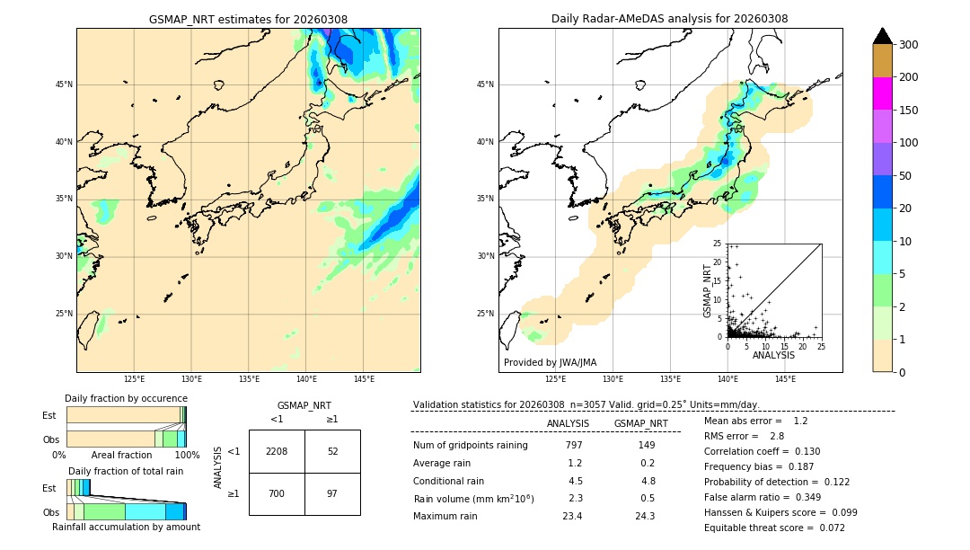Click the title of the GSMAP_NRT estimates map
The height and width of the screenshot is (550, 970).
248,19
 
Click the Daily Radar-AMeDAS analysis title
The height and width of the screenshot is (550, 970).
670,19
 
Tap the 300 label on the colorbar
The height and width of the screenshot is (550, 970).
908,45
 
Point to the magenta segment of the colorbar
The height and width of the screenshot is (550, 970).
883,93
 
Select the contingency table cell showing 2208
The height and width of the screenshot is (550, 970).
277,451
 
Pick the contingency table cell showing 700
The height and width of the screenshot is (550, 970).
277,494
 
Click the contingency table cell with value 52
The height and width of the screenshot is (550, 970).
332,451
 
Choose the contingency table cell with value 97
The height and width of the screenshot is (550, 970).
332,494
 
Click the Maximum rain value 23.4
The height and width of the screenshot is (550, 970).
572,516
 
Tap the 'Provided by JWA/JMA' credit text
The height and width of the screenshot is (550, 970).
550,362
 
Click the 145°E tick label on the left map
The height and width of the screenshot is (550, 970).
364,379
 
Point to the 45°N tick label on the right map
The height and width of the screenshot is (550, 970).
485,85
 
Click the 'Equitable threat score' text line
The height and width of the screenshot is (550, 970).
774,528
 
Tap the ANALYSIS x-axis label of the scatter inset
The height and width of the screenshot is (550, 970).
773,355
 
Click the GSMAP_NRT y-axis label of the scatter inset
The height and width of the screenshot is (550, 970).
708,290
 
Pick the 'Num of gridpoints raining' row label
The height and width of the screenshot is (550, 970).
471,446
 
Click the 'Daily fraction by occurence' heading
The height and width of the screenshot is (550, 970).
126,398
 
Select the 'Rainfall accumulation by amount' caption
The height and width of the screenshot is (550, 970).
126,527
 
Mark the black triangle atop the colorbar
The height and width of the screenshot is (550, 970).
883,36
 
